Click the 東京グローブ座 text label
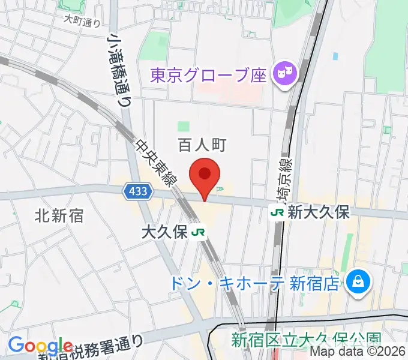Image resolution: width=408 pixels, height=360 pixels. point(208,75)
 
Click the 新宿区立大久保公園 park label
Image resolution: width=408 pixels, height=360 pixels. point(306,340)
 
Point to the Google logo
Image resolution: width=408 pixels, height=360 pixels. point(40,346)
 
